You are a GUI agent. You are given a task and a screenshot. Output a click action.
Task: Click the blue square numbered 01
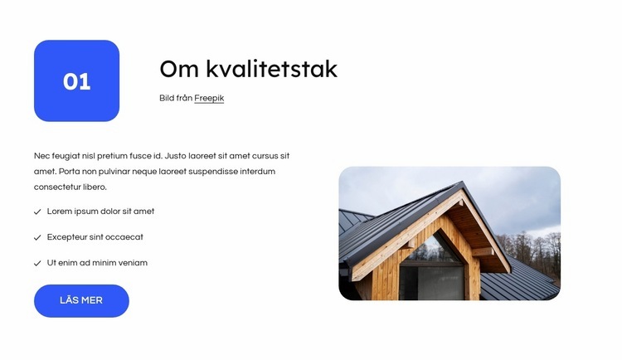click(76, 80)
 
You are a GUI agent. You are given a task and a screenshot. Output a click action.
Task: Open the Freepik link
click(209, 98)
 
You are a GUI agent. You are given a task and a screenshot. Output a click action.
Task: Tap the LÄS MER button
click(81, 300)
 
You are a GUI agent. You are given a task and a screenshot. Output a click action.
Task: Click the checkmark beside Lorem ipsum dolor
click(37, 212)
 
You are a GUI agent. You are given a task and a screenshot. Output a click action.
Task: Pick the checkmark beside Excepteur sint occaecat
click(37, 237)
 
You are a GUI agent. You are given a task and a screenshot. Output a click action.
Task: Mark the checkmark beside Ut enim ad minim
click(37, 263)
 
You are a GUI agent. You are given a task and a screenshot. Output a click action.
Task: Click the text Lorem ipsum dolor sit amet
click(100, 212)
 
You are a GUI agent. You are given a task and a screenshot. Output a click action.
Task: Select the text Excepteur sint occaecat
click(95, 237)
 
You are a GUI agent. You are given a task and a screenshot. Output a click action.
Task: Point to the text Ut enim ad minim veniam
click(97, 263)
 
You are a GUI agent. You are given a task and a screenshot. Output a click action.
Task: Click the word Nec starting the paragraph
click(41, 156)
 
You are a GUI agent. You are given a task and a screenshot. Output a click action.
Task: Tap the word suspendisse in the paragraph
click(218, 172)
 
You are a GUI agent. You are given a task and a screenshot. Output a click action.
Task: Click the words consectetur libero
click(70, 187)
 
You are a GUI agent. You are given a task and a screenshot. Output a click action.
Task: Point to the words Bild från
click(176, 98)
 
